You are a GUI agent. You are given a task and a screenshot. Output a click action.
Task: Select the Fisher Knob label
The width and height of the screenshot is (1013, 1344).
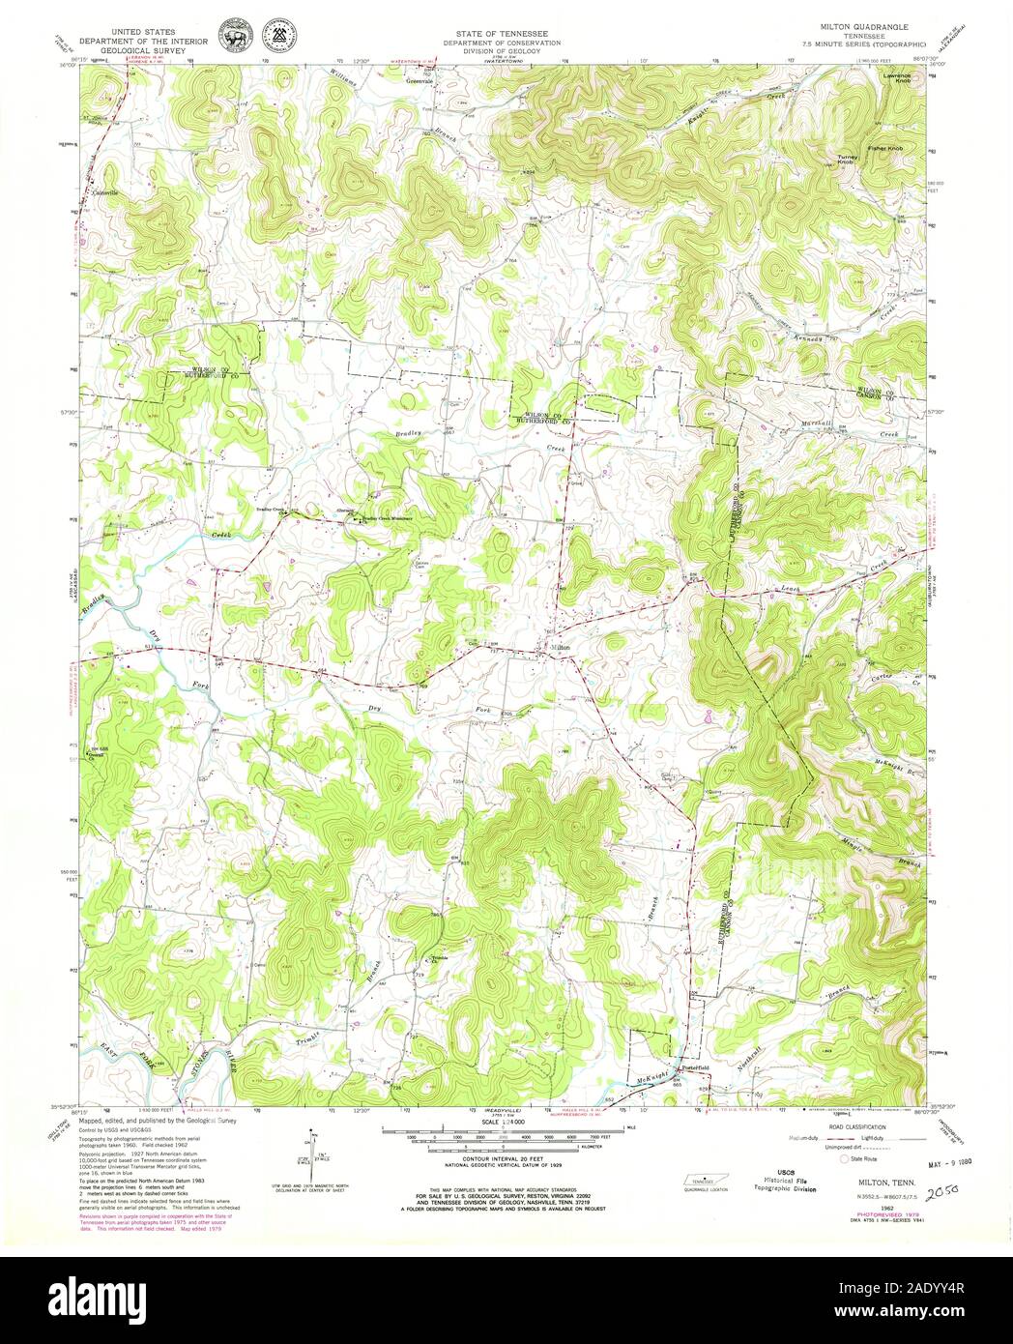(884, 149)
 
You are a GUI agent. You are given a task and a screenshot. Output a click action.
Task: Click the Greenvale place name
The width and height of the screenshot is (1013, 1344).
(420, 81)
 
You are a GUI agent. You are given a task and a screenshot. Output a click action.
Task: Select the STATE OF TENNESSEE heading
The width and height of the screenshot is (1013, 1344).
(502, 32)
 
